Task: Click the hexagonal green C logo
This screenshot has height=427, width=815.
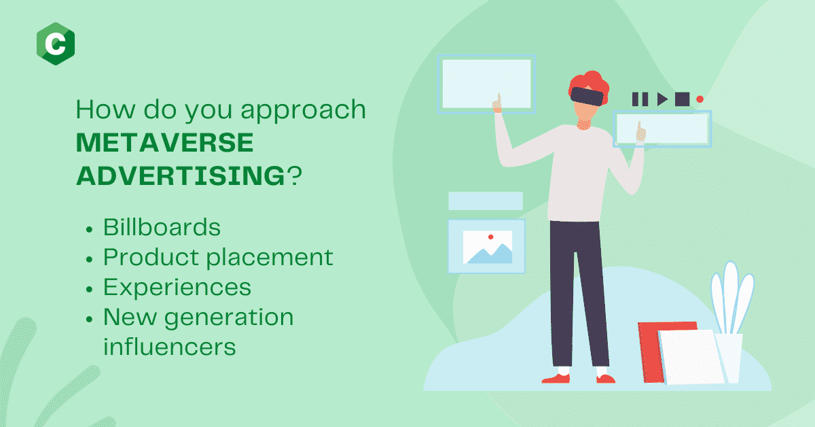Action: coord(56,44)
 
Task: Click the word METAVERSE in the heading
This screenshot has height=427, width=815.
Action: coord(165,143)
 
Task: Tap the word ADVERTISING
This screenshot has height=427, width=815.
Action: coord(181,175)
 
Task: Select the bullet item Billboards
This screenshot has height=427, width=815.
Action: coord(162,227)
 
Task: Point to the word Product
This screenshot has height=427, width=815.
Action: coord(151,257)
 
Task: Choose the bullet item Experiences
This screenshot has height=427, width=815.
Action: coord(177,288)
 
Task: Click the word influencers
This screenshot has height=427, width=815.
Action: coord(170,347)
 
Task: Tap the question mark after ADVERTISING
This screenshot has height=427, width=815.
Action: coord(294,175)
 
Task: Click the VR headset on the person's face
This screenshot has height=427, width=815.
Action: coord(587,96)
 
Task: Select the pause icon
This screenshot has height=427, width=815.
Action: coord(640,99)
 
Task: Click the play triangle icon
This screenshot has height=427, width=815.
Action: coord(662,99)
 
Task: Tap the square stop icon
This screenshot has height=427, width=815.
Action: coord(682,99)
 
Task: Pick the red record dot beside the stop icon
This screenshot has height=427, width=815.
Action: coord(700,99)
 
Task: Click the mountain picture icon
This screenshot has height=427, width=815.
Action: coord(488,247)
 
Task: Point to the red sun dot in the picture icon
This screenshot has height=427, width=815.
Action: coord(490,237)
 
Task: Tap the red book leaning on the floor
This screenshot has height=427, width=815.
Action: coord(651,352)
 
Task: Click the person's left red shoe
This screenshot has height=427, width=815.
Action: coord(556,379)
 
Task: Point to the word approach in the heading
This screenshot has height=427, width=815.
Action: coord(303,110)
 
